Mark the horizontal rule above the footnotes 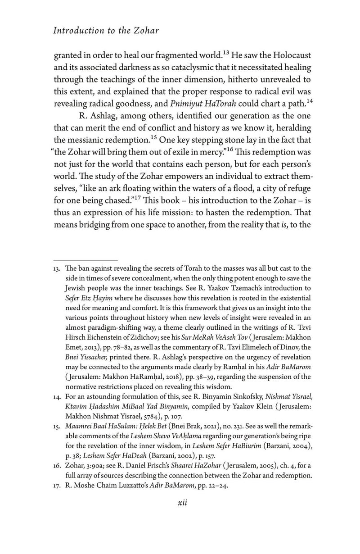(x=85, y=260)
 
